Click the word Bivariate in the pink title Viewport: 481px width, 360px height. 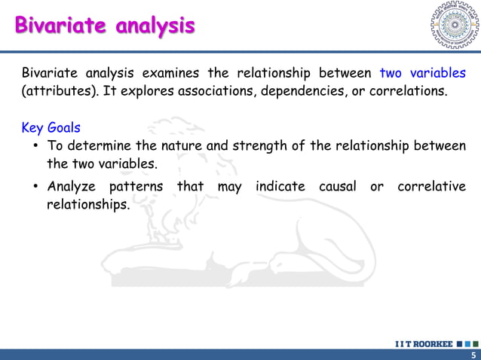(61, 25)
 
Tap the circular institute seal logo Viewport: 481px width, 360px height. (455, 25)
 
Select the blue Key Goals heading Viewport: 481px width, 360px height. (51, 127)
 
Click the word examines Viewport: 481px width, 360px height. (170, 73)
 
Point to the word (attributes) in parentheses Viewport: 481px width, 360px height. (60, 91)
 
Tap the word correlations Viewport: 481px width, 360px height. (409, 91)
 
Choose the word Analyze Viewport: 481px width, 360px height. (72, 187)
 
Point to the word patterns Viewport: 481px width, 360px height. (136, 187)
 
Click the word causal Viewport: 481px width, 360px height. (338, 186)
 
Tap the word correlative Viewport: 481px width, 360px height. (431, 186)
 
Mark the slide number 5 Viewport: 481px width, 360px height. (474, 355)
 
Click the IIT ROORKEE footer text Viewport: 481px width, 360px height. (424, 344)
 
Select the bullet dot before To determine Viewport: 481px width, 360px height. (36, 145)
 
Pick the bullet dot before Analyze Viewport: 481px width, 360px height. (36, 186)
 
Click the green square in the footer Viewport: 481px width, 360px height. (476, 344)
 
